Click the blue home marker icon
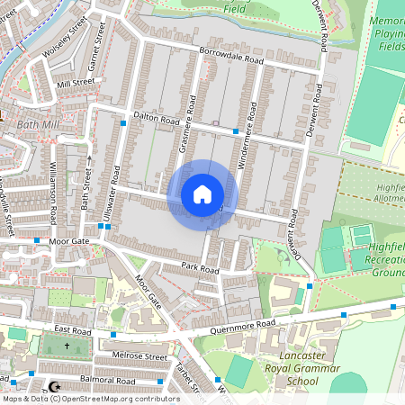coord(202,193)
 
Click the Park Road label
coord(199,268)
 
